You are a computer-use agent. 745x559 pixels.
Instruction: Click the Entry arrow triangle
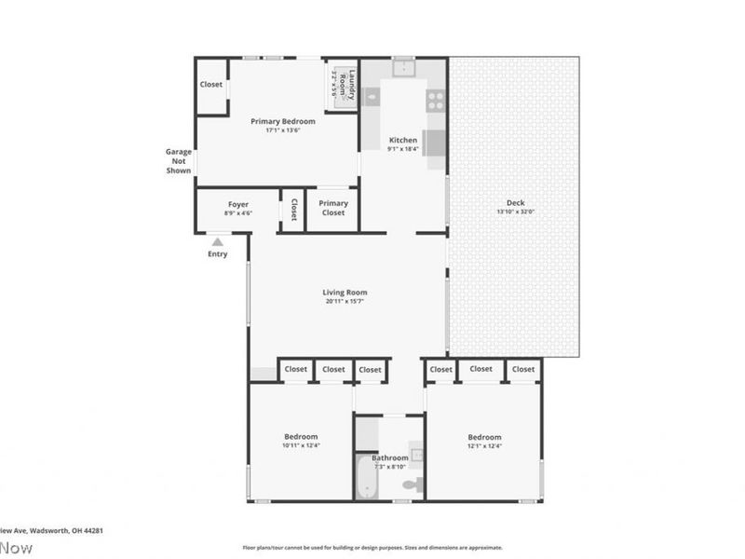(217, 242)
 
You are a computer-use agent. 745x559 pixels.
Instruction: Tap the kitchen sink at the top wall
(404, 68)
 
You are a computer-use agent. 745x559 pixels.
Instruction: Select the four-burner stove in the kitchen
(435, 100)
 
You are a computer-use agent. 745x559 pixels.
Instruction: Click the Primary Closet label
(332, 208)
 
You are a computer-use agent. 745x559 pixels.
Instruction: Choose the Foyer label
(238, 204)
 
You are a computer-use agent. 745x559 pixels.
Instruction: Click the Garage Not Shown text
(178, 161)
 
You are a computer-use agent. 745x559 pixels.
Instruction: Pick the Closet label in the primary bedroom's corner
(211, 85)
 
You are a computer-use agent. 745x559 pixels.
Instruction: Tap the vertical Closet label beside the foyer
(293, 209)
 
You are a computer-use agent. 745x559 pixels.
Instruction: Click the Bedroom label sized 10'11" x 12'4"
(301, 437)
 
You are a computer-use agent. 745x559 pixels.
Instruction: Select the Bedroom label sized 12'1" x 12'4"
(484, 437)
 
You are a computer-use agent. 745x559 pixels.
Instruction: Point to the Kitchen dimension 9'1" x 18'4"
(403, 149)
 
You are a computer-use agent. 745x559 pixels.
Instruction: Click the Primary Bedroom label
(283, 121)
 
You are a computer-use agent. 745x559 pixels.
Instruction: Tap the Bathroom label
(389, 457)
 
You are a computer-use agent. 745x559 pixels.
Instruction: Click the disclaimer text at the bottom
(372, 548)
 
